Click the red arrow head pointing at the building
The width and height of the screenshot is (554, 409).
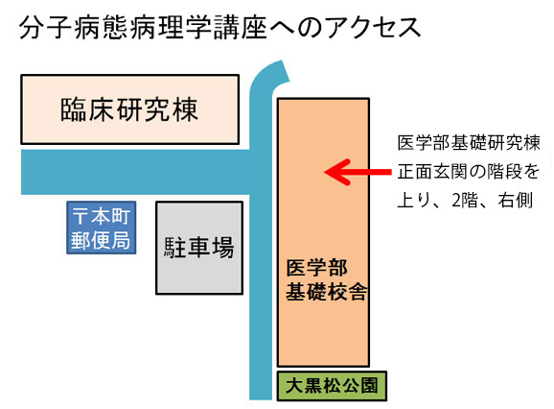click(335, 172)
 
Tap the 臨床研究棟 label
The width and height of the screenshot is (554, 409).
click(129, 109)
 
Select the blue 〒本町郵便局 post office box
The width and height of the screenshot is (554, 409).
click(102, 228)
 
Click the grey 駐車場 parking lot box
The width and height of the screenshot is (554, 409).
click(199, 248)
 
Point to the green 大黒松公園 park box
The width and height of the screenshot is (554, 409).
click(332, 386)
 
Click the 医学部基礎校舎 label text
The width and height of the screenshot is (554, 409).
click(327, 279)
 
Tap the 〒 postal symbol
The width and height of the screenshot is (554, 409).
click(80, 216)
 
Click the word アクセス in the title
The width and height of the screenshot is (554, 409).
click(373, 27)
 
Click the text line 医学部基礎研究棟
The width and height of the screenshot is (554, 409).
click(469, 143)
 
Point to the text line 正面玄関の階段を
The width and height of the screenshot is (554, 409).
click(469, 172)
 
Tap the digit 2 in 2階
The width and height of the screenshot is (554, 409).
click(456, 201)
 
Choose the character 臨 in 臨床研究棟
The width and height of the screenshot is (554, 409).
click(73, 109)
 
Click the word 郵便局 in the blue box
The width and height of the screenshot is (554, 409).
click(101, 241)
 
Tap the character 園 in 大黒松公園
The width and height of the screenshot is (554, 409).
click(370, 386)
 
